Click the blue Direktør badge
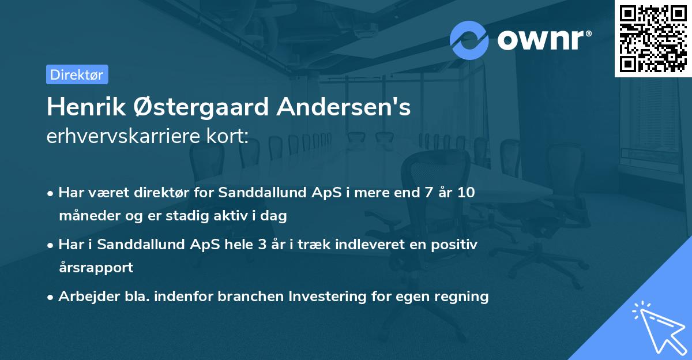pyautogui.click(x=77, y=74)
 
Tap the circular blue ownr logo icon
pyautogui.click(x=469, y=40)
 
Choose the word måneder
pyautogui.click(x=84, y=216)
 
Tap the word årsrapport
pyautogui.click(x=96, y=268)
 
